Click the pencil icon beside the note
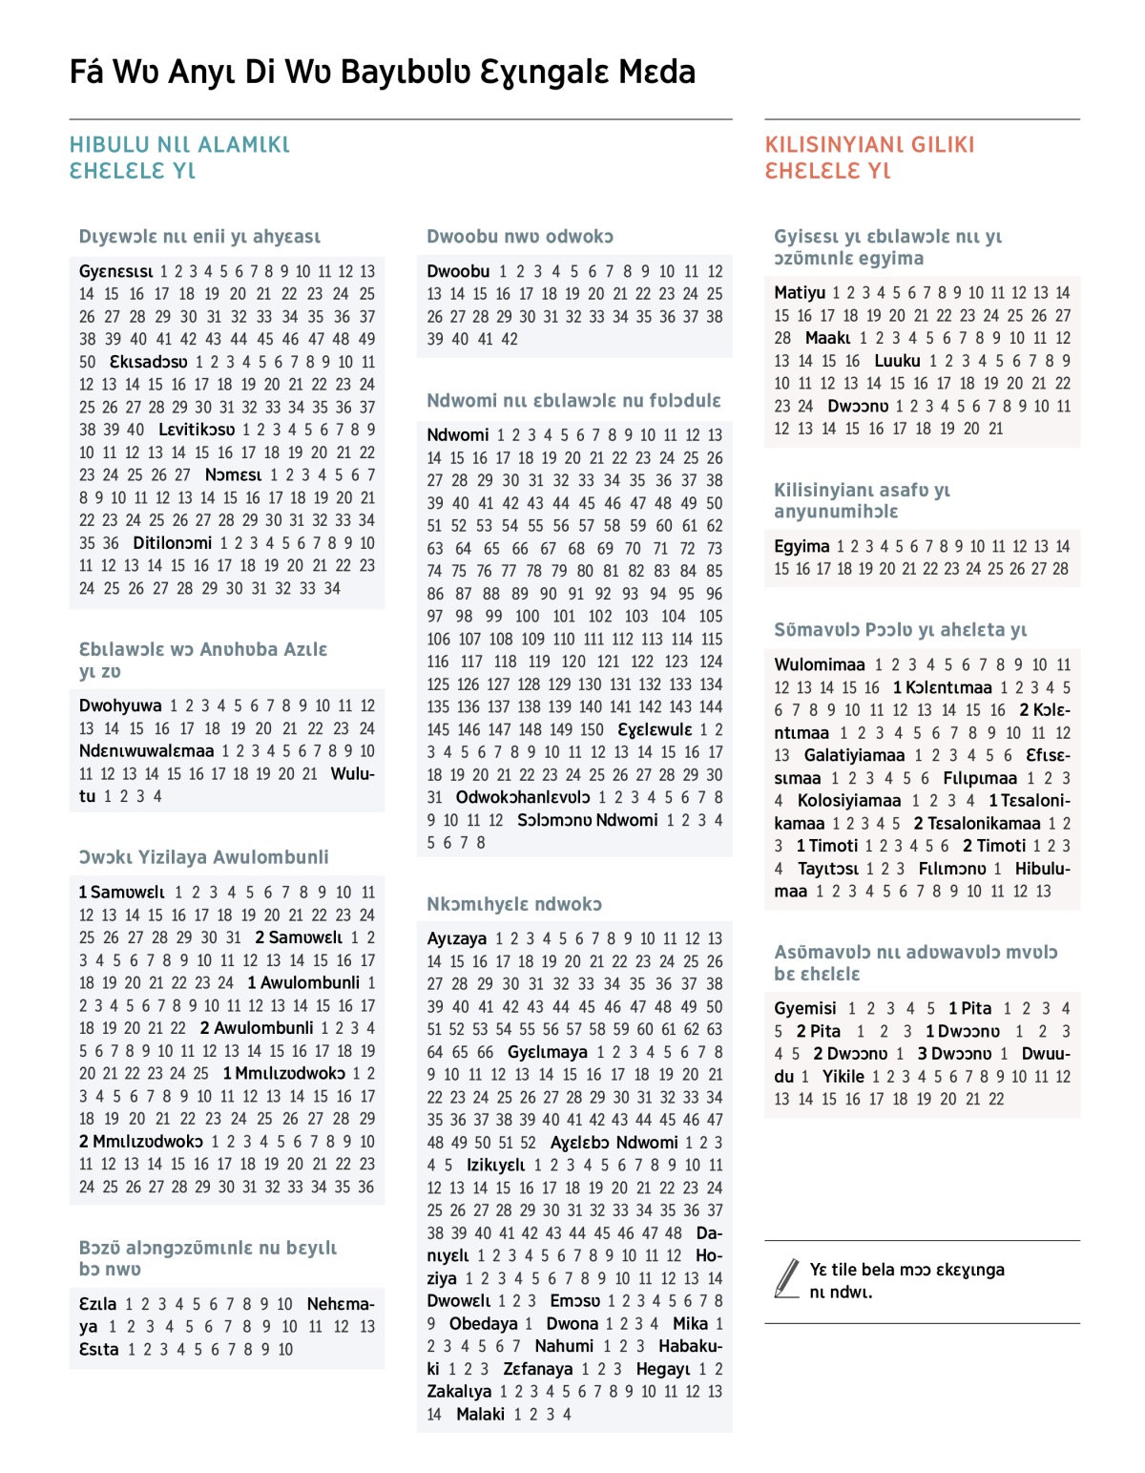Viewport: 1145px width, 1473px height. (787, 1278)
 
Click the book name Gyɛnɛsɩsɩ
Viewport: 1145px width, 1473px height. (115, 271)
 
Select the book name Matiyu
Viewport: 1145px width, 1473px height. (800, 293)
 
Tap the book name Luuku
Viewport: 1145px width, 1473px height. (897, 361)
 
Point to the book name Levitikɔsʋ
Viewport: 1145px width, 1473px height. (197, 430)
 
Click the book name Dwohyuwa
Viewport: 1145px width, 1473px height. (120, 706)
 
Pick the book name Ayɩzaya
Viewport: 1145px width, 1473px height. (456, 939)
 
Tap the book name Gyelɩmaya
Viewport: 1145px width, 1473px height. (548, 1052)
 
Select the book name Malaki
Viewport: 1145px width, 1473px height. (480, 1415)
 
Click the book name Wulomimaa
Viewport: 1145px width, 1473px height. (820, 665)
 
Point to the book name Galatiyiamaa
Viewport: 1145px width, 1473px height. (854, 756)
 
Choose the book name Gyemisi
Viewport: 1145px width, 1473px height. (805, 1009)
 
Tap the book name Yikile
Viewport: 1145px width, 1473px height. (843, 1077)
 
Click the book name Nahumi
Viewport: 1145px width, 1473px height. (564, 1346)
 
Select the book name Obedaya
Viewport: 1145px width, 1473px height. (484, 1324)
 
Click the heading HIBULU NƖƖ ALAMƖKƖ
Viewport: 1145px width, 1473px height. (179, 145)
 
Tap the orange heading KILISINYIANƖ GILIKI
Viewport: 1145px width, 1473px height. (869, 145)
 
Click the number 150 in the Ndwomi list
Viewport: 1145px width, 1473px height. (592, 730)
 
